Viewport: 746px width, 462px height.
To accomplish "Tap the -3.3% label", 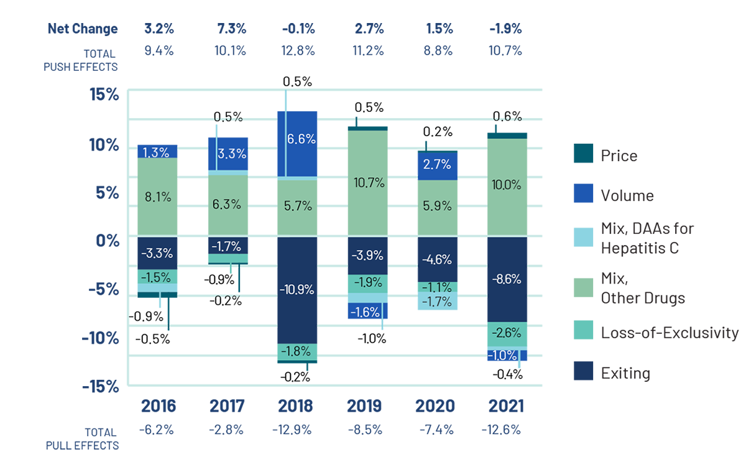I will point(157,253).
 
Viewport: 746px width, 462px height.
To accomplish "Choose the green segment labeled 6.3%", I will point(226,204).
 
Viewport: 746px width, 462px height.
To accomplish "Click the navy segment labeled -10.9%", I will point(296,290).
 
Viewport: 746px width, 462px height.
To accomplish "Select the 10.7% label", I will point(367,183).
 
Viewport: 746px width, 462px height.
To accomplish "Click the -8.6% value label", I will point(507,280).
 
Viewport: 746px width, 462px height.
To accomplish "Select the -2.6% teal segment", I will point(507,334).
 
